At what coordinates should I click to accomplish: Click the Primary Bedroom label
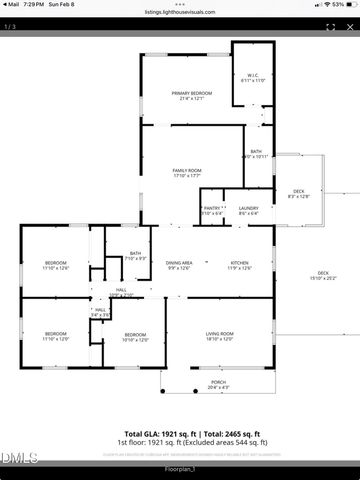pos(191,95)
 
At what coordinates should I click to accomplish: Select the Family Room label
pos(187,172)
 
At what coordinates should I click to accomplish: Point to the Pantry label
pos(211,210)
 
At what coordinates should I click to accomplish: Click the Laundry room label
pos(248,210)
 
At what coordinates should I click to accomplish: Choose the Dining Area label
pos(179,264)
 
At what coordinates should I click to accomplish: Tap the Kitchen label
pos(239,264)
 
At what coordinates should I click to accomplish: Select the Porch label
pos(218,384)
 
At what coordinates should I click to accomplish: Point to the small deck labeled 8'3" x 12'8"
pos(298,193)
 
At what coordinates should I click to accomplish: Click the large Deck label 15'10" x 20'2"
pos(323,276)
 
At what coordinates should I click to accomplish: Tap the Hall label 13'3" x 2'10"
pos(120,292)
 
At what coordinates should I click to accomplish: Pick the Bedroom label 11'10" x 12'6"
pos(55,265)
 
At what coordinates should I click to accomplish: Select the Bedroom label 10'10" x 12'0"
pos(136,337)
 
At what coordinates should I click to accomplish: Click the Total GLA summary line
pos(180,435)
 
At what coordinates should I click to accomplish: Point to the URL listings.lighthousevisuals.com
pos(180,12)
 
